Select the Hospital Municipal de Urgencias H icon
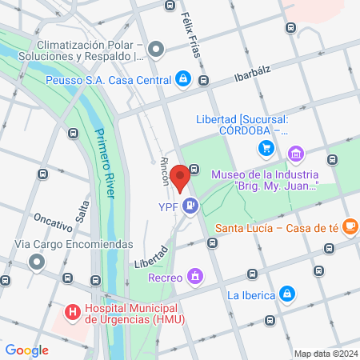click(x=72, y=311)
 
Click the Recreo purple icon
click(x=193, y=277)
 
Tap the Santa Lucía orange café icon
click(x=350, y=227)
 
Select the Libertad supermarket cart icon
click(x=266, y=148)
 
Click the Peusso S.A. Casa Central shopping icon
click(x=183, y=79)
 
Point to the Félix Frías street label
click(x=193, y=34)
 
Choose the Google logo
click(x=26, y=350)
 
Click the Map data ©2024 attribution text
click(x=324, y=353)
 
